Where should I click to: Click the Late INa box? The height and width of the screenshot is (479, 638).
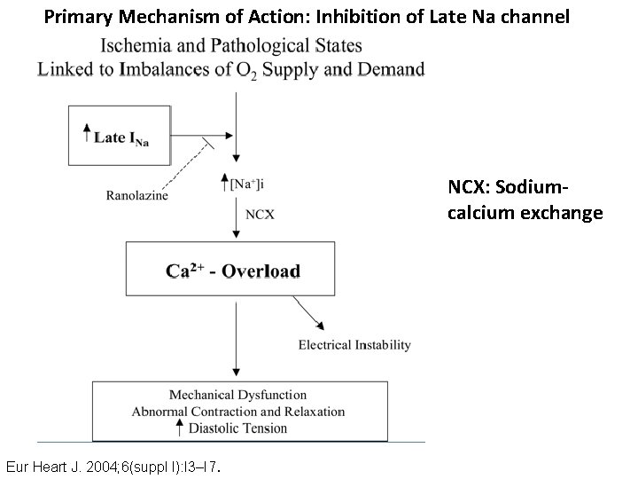[x=123, y=136]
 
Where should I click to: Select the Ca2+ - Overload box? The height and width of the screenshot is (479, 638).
[x=233, y=271]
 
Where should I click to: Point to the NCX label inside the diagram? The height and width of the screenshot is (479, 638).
[x=260, y=214]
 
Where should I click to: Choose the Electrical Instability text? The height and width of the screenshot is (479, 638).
[x=354, y=344]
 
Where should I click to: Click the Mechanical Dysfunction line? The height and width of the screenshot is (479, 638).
[x=238, y=395]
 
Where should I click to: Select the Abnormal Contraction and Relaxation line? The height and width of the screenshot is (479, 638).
[x=238, y=412]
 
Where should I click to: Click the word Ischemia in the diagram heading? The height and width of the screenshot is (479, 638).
[x=136, y=45]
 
